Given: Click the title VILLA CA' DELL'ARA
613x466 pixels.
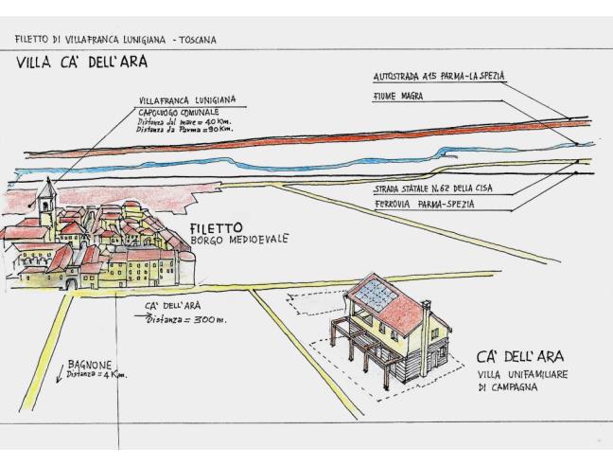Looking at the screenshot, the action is click(81, 63).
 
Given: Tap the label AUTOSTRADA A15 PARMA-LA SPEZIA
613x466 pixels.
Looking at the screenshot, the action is click(439, 77).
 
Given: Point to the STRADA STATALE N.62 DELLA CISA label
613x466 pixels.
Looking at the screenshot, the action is click(433, 189).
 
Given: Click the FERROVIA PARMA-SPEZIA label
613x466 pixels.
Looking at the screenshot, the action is click(425, 205).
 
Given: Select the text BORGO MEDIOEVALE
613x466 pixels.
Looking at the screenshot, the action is click(239, 240).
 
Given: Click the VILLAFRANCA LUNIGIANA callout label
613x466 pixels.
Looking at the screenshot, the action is click(187, 100).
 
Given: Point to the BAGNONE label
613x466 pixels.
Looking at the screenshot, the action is click(90, 365).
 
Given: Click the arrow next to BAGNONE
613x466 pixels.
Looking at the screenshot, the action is click(61, 374).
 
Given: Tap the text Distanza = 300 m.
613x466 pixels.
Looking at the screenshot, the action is click(186, 320).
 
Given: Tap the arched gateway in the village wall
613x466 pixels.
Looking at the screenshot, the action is click(72, 284).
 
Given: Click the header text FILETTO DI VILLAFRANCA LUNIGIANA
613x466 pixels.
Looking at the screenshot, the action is click(90, 40).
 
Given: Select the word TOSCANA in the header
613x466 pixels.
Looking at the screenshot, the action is click(198, 40).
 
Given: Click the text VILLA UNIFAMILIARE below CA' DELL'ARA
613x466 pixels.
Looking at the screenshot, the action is click(522, 374).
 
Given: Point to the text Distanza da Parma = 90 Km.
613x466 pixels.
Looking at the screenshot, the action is click(184, 129).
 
